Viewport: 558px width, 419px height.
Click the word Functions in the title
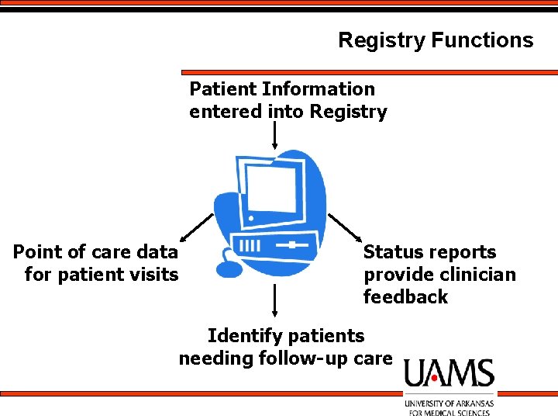pos(483,40)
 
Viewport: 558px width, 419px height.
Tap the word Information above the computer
pos(319,88)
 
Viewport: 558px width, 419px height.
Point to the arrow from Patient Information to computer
pos(274,135)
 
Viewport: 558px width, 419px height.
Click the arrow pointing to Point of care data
pos(197,227)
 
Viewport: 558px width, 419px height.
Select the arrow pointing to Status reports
pos(344,228)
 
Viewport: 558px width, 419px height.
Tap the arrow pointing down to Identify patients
pos(274,300)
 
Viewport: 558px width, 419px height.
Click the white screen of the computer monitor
pos(270,189)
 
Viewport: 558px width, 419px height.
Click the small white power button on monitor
pos(251,218)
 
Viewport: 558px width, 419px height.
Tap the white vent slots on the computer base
pos(250,245)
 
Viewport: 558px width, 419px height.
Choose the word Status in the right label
pos(391,252)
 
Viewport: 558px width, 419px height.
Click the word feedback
pos(405,296)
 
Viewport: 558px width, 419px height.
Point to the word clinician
pos(477,275)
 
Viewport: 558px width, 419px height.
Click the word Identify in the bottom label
pos(245,337)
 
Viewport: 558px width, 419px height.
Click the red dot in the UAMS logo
pos(434,378)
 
